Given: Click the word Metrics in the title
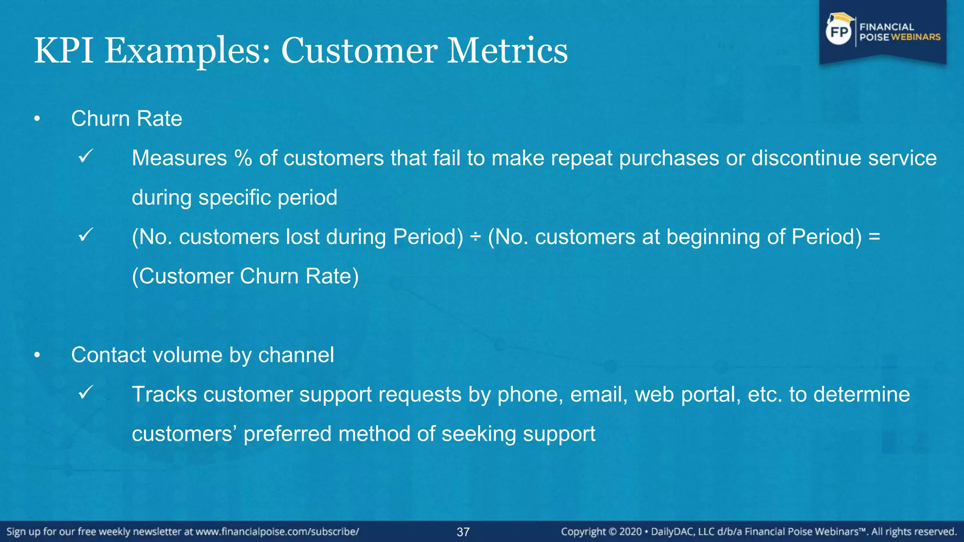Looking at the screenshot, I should tap(507, 50).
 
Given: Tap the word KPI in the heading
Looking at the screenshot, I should tap(64, 50).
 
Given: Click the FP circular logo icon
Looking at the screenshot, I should tap(839, 32).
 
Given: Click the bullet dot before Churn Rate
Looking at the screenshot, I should tap(37, 119).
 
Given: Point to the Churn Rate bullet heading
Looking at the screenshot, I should tap(126, 119).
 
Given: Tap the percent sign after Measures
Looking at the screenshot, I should tap(243, 158).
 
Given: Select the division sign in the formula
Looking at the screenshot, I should tap(475, 237).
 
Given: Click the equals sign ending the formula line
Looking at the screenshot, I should tap(874, 237).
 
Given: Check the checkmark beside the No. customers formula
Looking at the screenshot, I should tap(86, 234).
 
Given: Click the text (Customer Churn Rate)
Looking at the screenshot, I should tap(245, 276).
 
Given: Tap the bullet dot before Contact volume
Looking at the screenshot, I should tap(37, 356).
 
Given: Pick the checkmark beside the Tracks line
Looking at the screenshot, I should tap(86, 392).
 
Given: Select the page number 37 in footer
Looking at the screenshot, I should tap(463, 532).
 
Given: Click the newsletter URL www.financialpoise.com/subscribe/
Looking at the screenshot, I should tap(277, 532).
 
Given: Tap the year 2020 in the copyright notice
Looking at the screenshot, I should tap(630, 532).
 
